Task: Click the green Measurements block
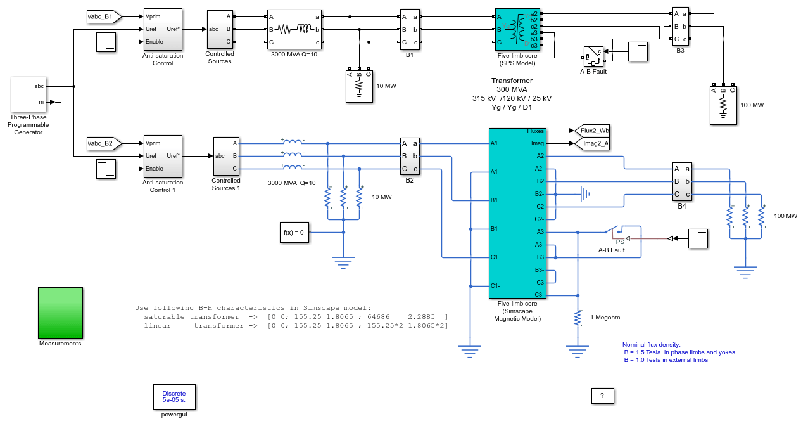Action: [60, 313]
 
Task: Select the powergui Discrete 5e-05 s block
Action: [174, 397]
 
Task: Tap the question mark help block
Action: [602, 396]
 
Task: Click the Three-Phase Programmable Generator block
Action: [28, 94]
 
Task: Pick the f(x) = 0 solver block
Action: [294, 232]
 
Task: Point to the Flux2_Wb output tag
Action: [591, 131]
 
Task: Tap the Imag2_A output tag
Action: [591, 143]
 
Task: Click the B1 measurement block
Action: [410, 29]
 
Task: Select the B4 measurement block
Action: [682, 181]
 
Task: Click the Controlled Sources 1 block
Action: [226, 156]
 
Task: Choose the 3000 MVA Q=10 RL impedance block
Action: [294, 29]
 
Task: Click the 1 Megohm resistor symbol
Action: [578, 318]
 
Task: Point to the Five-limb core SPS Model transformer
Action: [517, 29]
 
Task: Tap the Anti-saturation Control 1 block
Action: [163, 156]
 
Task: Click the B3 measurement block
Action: [681, 27]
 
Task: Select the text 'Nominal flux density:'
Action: [652, 345]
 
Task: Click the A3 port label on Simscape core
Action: [540, 232]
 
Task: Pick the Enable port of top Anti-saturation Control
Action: [155, 42]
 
